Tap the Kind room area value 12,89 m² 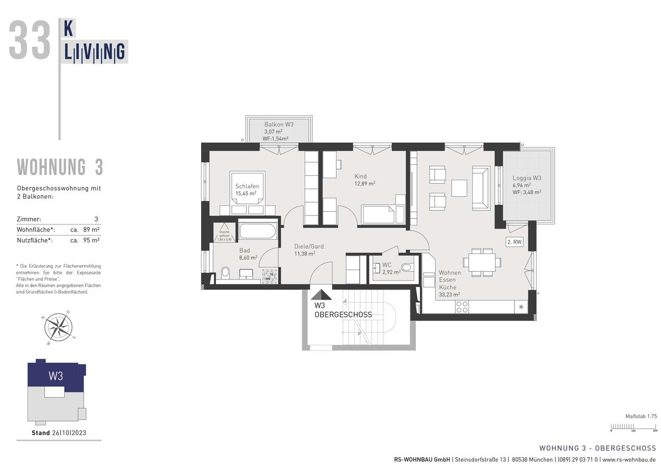(365, 184)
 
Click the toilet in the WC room (407, 268)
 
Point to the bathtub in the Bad (258, 230)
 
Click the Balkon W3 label (279, 125)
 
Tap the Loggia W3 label (526, 178)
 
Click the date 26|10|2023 (69, 433)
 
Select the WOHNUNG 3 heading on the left (59, 167)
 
